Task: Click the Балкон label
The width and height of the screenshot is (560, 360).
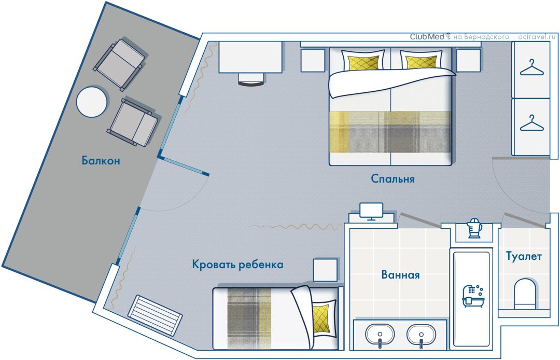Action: [101, 160]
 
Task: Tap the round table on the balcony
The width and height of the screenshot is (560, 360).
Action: [92, 102]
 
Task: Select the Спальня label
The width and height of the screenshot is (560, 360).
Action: [393, 178]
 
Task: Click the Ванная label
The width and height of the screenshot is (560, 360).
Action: [400, 274]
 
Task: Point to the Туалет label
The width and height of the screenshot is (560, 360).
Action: [524, 256]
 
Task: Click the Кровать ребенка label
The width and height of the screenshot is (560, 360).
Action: [237, 265]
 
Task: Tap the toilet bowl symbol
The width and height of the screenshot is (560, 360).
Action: [525, 294]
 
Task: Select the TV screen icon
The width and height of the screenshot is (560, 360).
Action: [371, 212]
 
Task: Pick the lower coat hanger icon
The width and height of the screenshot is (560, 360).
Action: [531, 123]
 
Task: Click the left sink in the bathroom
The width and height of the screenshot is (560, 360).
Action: [379, 335]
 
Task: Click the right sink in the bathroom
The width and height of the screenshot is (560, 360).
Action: [421, 335]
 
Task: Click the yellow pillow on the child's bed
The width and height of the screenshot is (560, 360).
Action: [320, 319]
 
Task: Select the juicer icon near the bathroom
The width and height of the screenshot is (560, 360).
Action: [474, 228]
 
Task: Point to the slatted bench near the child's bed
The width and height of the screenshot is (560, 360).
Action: [155, 315]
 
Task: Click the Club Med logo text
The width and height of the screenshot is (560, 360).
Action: [427, 36]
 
